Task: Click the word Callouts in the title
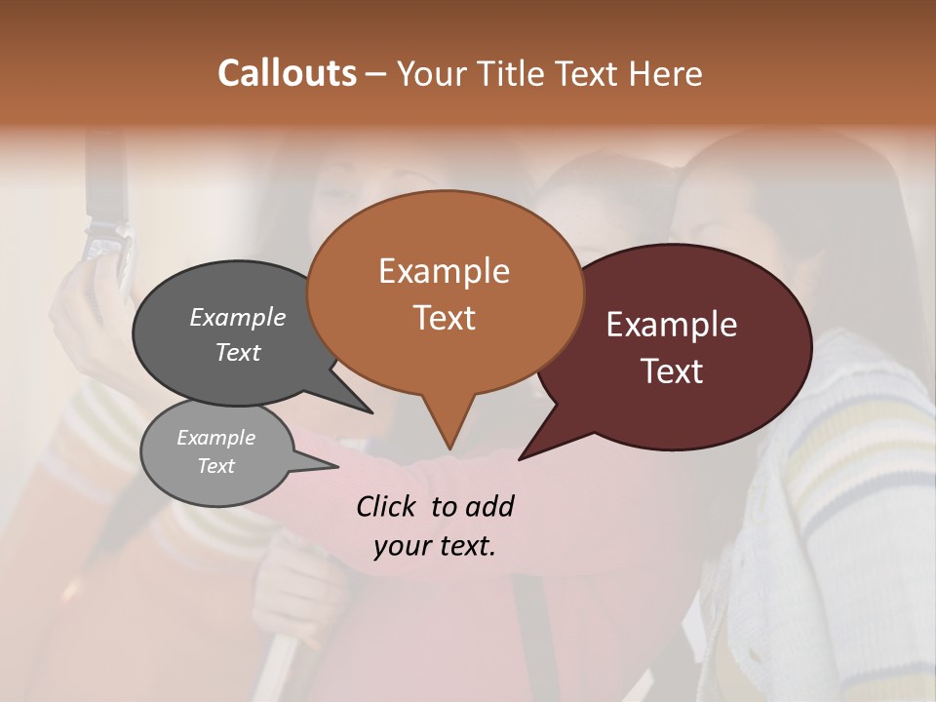tap(287, 73)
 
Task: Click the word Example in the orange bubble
tap(444, 271)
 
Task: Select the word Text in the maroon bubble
tap(672, 371)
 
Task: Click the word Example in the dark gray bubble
tap(238, 318)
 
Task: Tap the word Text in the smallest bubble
tap(216, 466)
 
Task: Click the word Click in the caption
tap(386, 506)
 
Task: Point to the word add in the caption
tap(489, 506)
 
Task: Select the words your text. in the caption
tap(435, 547)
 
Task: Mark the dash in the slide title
tap(376, 74)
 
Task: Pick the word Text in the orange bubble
tap(445, 318)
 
